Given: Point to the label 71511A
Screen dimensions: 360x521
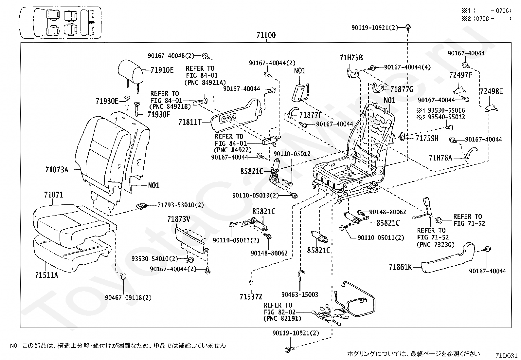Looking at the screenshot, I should (x=46, y=275).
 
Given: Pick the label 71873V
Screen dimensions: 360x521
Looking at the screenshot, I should (x=179, y=219).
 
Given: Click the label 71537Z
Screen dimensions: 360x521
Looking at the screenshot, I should (x=251, y=297).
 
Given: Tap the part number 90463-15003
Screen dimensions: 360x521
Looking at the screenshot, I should (x=300, y=294).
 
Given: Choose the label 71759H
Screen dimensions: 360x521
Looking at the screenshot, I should (x=427, y=139).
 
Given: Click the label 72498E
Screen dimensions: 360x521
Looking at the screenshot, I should (x=491, y=91).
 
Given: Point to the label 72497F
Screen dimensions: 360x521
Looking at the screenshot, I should (x=460, y=75).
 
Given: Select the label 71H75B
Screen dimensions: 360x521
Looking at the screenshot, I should (x=351, y=58).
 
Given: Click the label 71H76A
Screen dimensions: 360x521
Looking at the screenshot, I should (x=440, y=158).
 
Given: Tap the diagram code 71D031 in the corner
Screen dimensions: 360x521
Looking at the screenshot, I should (x=506, y=355).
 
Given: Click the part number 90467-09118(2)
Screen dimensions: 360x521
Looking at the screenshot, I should (x=128, y=298).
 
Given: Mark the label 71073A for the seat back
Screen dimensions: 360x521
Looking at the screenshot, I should (x=57, y=170).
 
